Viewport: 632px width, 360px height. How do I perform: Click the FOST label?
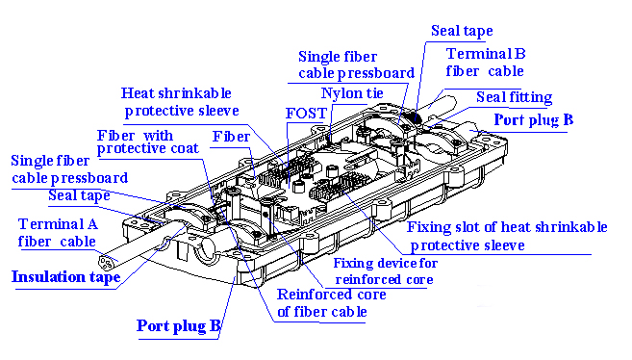(306, 113)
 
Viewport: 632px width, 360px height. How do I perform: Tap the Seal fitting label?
(514, 97)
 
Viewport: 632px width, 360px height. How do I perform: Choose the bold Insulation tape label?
(66, 278)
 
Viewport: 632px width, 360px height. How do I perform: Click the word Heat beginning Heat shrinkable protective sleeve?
(138, 93)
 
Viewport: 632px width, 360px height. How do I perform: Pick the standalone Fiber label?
(231, 137)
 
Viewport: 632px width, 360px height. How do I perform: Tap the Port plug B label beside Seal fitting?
(533, 120)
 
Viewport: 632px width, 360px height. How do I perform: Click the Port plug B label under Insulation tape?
(179, 325)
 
